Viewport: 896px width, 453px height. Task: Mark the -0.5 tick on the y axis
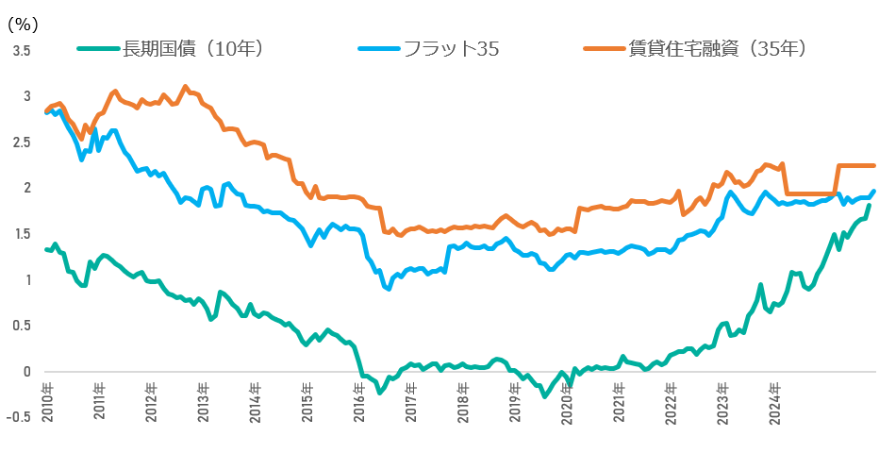click(x=19, y=418)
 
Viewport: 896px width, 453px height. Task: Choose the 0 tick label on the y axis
click(x=26, y=372)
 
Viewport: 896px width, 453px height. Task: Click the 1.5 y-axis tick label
click(x=21, y=234)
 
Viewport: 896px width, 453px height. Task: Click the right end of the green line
click(x=869, y=205)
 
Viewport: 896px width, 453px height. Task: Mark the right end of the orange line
click(x=873, y=166)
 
